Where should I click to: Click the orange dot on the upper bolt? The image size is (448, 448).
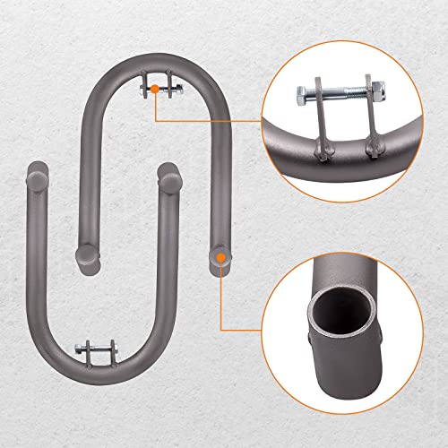[x=155, y=89]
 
